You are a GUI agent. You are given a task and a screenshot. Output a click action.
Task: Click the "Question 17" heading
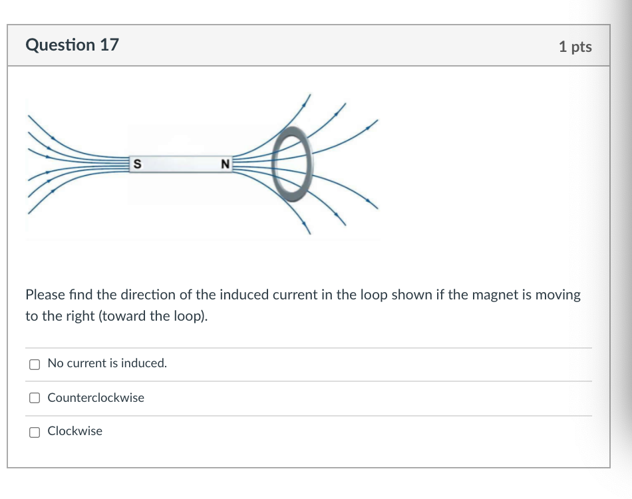(x=72, y=45)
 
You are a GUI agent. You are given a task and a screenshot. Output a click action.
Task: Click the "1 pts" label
(x=575, y=47)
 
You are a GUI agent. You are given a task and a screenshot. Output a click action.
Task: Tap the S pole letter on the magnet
(x=137, y=164)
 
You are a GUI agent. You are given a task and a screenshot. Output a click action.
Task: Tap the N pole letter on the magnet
(x=225, y=164)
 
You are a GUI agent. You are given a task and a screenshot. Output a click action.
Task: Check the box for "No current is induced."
(x=35, y=364)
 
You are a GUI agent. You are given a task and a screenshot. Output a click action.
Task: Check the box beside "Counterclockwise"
(x=35, y=398)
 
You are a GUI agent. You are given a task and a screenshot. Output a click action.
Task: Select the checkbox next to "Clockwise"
(x=35, y=432)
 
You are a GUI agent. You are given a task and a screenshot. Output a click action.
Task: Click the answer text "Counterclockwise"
(x=96, y=398)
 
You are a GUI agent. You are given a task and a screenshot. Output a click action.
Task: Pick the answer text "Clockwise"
(x=75, y=431)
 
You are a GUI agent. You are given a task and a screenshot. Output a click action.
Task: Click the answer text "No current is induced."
(x=107, y=363)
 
